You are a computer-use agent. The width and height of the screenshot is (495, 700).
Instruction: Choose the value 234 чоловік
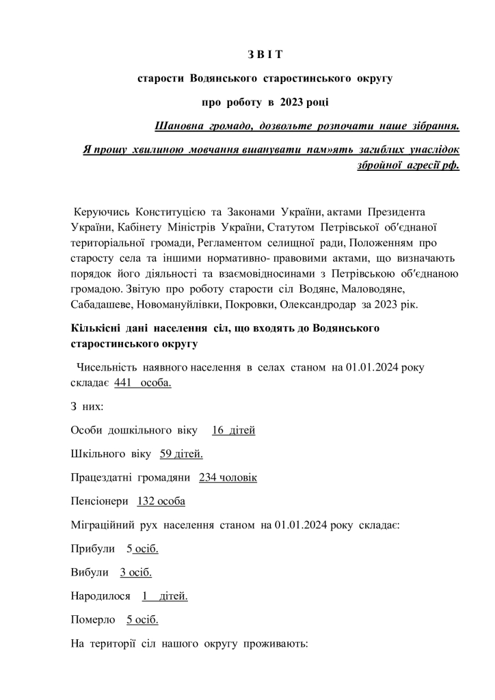pos(228,477)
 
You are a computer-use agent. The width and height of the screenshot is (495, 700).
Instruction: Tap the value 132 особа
pos(161,501)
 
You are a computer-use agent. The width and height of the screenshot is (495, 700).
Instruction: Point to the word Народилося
pos(101,596)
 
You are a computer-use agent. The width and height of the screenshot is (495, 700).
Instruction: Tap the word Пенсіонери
pos(99,501)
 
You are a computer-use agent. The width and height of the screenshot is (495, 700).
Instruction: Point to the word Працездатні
pos(103,477)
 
